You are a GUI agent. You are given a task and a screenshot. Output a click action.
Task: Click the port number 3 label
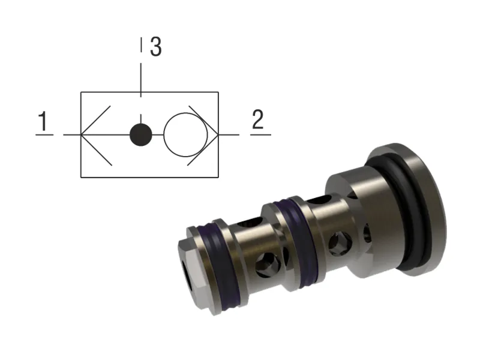155,47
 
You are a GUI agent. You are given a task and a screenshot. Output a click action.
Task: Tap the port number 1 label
43,122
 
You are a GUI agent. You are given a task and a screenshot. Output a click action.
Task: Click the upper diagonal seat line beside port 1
96,120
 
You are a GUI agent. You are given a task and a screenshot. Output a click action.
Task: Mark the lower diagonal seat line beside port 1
96,149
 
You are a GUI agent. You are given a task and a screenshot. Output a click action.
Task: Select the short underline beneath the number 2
260,134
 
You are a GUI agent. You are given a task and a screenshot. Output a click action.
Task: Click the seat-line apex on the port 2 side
218,134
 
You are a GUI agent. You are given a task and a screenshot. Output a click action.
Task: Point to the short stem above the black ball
140,118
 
